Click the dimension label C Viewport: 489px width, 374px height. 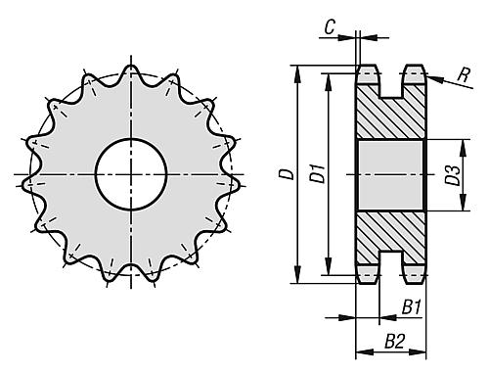(330, 27)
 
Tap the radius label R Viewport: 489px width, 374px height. (464, 74)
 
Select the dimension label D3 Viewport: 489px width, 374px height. (453, 175)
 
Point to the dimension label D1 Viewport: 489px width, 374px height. (317, 174)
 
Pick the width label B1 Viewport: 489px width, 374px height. (412, 307)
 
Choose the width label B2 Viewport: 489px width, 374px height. (394, 342)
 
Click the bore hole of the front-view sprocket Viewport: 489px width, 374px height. (131, 174)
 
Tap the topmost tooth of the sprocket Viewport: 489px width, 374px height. (131, 72)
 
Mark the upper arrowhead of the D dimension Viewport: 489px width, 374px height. (297, 73)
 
